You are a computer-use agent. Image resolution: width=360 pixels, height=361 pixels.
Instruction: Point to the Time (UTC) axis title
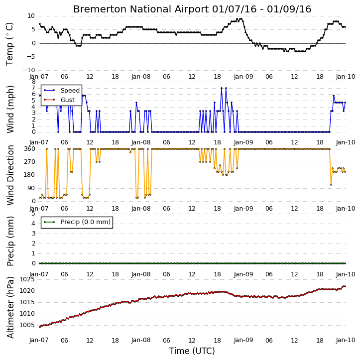(x=192, y=351)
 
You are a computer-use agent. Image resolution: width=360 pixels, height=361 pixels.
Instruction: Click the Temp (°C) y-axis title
(x=9, y=44)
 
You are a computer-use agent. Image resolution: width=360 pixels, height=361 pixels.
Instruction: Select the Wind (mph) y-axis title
(x=10, y=109)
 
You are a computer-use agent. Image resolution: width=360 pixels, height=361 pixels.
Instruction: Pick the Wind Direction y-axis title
(x=10, y=175)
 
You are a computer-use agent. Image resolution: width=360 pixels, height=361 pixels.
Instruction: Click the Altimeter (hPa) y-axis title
(x=10, y=307)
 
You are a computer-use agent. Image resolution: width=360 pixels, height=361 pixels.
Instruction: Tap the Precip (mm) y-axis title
(x=10, y=241)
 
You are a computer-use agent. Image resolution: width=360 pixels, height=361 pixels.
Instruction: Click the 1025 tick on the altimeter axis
(x=27, y=279)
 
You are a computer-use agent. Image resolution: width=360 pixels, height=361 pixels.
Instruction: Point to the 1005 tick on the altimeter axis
(x=27, y=325)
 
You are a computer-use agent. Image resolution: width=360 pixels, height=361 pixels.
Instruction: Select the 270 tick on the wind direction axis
(x=30, y=162)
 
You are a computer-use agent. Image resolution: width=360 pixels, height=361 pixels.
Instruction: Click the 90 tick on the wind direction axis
(x=31, y=188)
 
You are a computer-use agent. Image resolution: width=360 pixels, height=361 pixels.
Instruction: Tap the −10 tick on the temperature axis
(x=29, y=70)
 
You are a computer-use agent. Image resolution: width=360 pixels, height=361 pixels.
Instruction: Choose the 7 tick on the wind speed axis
(x=33, y=88)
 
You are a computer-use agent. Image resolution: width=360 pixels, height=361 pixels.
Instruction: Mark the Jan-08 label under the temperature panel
(x=141, y=77)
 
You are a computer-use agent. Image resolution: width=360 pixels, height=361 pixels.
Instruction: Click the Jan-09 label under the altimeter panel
(x=243, y=340)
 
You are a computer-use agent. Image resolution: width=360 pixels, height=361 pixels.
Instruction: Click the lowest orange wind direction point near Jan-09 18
(x=331, y=185)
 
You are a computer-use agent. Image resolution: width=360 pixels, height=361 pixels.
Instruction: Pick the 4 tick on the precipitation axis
(x=33, y=224)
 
